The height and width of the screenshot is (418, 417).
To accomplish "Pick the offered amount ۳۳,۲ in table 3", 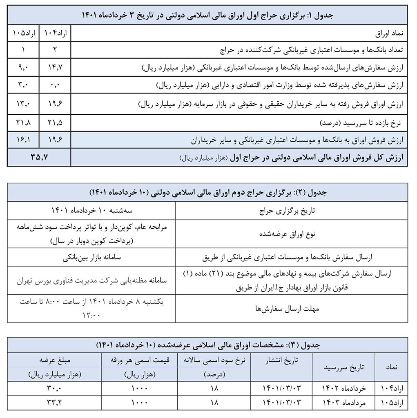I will pyautogui.click(x=54, y=402).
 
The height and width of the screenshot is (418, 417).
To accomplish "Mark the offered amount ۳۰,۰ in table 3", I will pyautogui.click(x=54, y=388).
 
